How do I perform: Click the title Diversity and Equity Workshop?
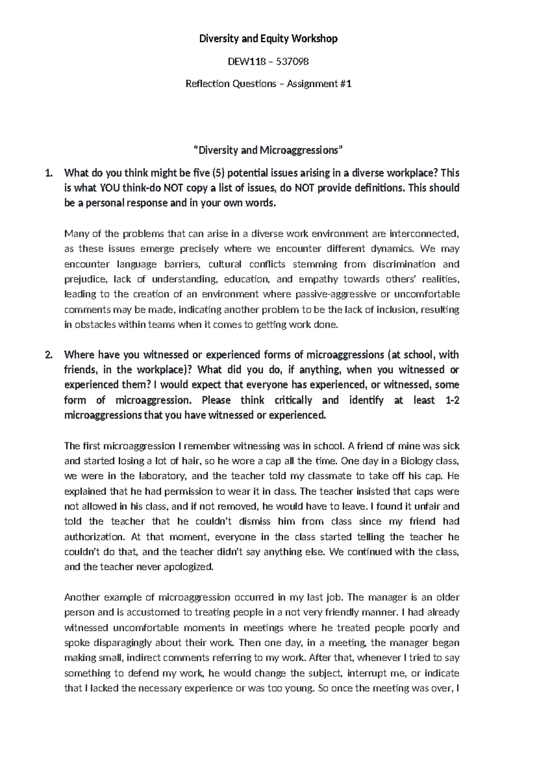tap(268, 39)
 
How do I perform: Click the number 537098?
tap(291, 61)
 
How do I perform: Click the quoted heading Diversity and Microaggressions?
tap(268, 150)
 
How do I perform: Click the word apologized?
tap(190, 567)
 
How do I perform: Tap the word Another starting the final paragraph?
tap(82, 597)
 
